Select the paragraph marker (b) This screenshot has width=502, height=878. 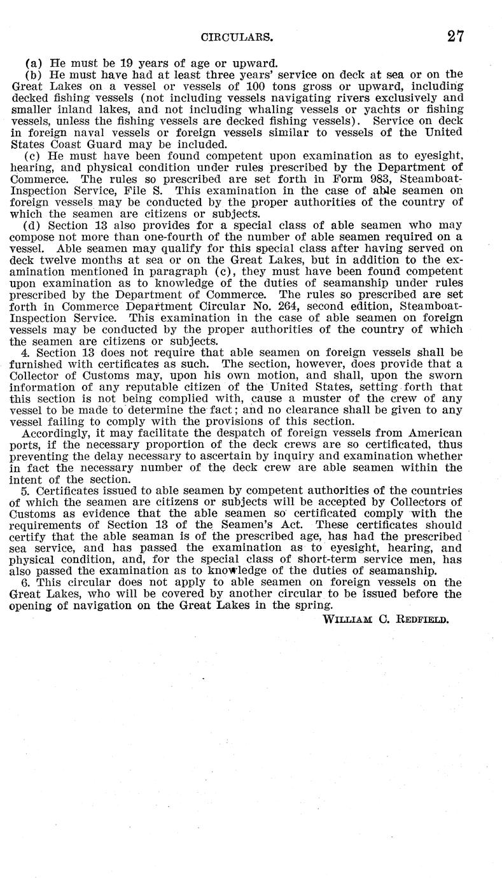[x=32, y=74]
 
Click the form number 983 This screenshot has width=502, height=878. [x=358, y=179]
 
